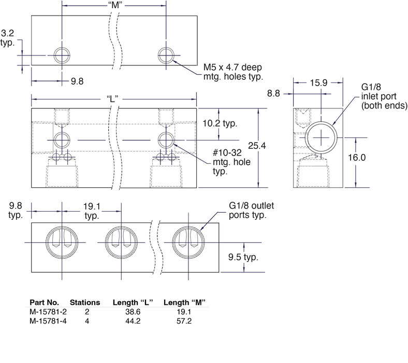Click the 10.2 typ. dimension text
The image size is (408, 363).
[x=235, y=124]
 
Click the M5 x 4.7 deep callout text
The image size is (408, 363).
[x=233, y=71]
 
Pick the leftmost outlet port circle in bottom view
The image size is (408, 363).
[x=64, y=242]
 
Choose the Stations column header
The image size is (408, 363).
[x=85, y=302]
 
